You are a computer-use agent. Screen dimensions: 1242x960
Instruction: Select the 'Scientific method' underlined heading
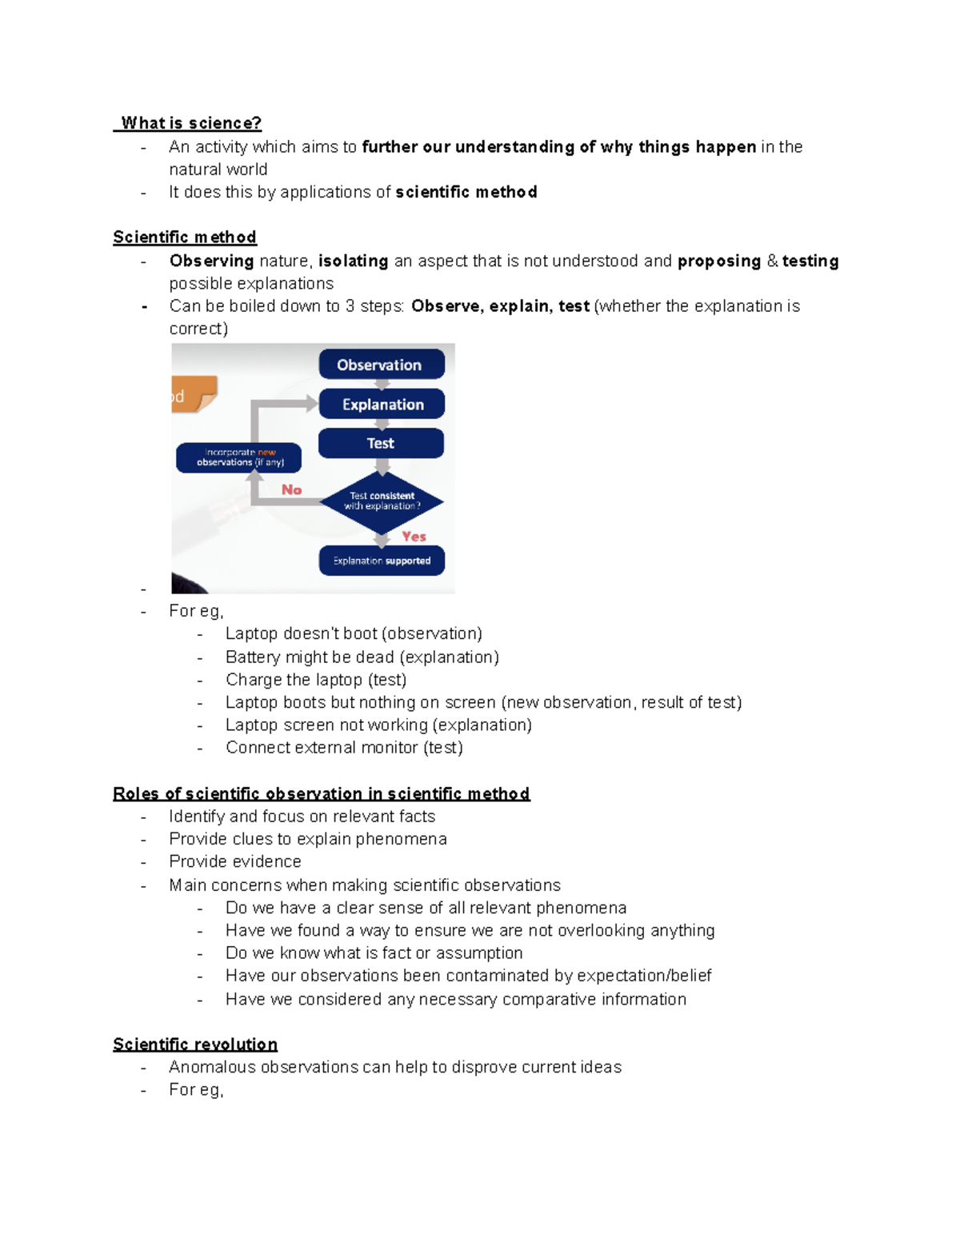click(185, 238)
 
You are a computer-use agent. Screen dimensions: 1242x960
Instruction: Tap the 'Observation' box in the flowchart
click(382, 365)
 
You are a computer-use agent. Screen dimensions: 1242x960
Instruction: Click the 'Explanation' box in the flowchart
click(382, 405)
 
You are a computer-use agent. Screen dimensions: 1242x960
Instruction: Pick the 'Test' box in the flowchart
click(381, 443)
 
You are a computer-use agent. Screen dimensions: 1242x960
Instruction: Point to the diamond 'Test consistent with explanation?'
click(382, 501)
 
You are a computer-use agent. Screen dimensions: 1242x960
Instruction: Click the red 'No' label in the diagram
click(291, 489)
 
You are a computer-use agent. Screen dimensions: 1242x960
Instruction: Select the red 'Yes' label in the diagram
click(414, 537)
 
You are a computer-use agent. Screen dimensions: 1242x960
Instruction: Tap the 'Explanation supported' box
click(382, 561)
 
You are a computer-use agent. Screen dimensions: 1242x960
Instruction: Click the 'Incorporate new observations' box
click(239, 457)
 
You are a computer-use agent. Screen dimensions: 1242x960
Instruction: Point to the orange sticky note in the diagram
click(193, 394)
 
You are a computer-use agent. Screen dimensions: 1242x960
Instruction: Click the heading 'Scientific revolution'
click(195, 1044)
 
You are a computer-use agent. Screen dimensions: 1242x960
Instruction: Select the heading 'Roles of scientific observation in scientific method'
click(321, 794)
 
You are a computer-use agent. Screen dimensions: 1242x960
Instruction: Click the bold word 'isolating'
click(353, 262)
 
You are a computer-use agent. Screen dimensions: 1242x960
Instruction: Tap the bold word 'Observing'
click(211, 262)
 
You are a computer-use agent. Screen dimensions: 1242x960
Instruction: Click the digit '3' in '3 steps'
click(350, 306)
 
